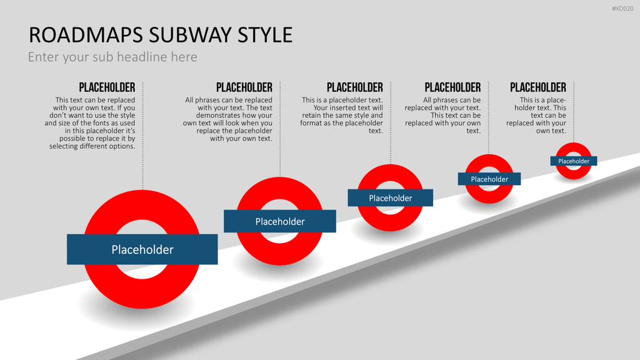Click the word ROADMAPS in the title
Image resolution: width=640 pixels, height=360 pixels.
point(86,35)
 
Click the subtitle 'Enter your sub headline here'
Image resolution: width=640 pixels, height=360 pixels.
point(112,57)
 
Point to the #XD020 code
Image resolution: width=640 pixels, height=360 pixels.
point(622,9)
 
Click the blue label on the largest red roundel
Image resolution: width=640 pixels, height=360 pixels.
point(142,249)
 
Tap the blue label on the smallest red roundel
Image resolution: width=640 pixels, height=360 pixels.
point(574,161)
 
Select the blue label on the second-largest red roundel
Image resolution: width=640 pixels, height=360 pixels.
point(280,221)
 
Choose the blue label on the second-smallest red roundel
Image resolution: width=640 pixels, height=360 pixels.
point(489,179)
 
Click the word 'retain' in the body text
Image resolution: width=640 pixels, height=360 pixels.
point(311,116)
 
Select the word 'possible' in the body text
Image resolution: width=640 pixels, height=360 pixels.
point(72,138)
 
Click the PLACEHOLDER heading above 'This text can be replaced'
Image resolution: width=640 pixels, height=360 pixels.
point(107,87)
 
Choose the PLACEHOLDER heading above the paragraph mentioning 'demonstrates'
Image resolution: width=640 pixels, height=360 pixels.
point(244,87)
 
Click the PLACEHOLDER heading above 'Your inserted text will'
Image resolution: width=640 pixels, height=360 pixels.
point(355,87)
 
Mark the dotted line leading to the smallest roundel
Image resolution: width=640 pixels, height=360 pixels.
point(574,112)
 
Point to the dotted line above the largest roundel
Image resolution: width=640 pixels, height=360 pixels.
point(143,136)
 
